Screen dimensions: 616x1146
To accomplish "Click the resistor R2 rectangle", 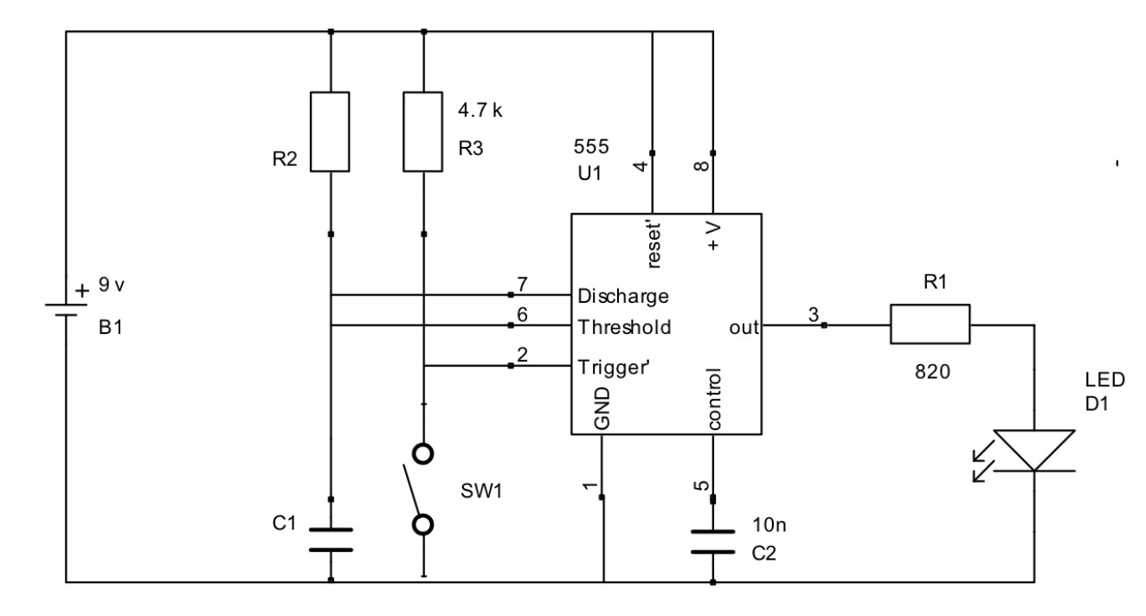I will pos(331,132).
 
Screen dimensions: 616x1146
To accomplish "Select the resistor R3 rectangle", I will pos(423,132).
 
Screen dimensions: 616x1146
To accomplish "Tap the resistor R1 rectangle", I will pos(930,325).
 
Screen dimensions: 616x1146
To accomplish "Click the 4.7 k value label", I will pos(479,112).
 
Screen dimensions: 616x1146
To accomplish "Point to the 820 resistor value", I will pos(930,373).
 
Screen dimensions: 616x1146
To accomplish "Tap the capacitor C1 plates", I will pos(331,539).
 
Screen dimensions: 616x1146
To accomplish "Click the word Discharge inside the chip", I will pos(623,296).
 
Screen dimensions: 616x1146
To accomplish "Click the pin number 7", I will pos(522,285).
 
